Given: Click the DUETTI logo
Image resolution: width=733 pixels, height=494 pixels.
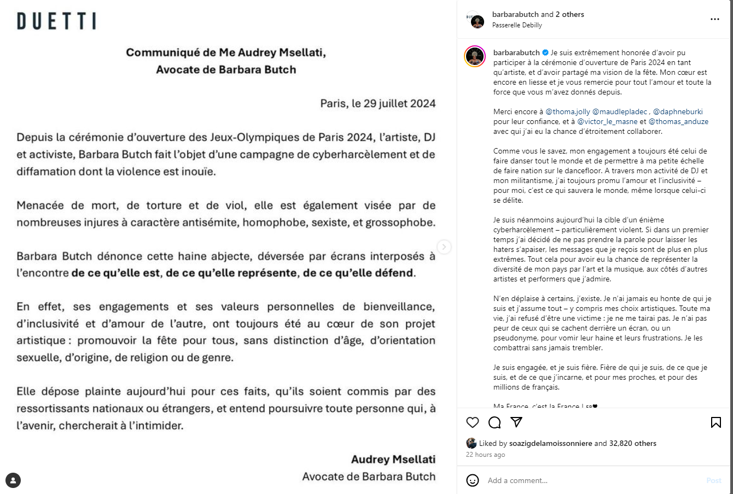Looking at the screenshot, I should (56, 21).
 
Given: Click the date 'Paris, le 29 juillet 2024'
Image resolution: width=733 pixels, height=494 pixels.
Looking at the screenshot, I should (378, 103).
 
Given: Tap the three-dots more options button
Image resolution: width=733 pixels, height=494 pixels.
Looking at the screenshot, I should (715, 19).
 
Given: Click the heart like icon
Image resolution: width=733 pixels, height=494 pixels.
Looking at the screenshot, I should (473, 422).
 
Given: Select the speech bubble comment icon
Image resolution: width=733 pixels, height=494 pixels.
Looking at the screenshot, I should (495, 422).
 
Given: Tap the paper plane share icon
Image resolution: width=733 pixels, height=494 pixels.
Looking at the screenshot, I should (516, 422).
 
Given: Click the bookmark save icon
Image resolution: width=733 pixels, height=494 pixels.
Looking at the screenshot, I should (715, 422).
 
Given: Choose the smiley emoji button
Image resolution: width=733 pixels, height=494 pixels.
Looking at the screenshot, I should (473, 480).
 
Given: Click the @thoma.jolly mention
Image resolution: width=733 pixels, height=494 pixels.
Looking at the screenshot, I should (568, 112).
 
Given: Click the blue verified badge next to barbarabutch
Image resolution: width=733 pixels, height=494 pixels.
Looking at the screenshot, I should (545, 53).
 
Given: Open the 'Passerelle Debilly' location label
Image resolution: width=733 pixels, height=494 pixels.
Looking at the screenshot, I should (517, 25).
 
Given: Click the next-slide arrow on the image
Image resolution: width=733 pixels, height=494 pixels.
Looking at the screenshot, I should (444, 247).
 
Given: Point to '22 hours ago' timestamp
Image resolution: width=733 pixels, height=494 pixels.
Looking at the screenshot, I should (486, 455).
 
